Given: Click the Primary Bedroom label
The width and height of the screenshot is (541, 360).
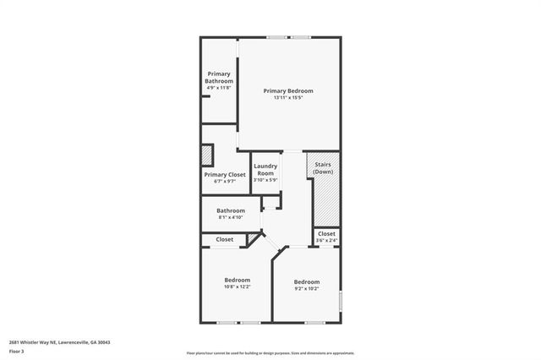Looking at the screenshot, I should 287,90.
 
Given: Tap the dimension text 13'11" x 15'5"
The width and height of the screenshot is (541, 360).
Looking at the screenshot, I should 287,98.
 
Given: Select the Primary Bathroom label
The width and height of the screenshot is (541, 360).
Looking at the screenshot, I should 218,77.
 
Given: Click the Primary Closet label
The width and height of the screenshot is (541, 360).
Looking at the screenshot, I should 225,174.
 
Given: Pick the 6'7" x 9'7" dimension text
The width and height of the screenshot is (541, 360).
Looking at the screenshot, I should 225,181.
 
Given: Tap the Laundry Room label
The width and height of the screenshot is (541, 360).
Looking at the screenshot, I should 265,169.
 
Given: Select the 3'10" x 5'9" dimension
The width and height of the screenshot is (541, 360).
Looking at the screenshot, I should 265,180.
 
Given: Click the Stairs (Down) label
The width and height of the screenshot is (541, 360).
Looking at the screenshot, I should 323,167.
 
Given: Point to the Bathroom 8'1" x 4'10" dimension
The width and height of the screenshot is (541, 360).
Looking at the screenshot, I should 230,217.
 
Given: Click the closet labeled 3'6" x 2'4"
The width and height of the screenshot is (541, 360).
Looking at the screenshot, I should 326,237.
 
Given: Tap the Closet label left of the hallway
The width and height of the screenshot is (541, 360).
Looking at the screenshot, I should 225,239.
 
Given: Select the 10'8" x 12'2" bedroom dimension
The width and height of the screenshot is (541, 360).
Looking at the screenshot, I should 237,286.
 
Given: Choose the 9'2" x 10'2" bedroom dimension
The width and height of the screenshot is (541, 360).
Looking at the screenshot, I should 307,288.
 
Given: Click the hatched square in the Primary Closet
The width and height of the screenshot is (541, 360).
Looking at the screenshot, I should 207,155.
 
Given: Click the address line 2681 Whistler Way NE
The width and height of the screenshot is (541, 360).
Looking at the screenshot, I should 59,342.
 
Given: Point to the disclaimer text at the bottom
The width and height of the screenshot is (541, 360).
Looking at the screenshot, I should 270,353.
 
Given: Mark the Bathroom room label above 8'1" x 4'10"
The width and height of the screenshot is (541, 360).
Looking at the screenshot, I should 230,210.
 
